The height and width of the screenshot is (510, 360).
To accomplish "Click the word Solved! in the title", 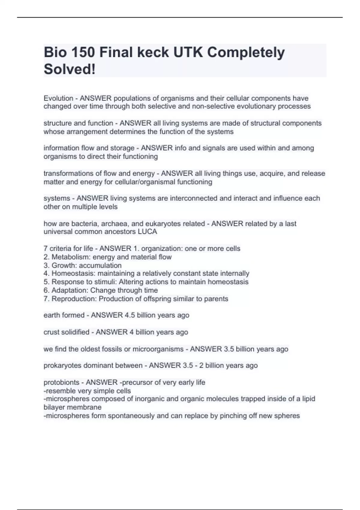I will coord(70,69).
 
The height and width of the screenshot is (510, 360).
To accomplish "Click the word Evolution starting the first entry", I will coord(58,98).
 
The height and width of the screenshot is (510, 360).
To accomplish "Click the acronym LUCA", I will coord(147,232).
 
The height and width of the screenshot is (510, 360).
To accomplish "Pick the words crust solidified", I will coord(66,332).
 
